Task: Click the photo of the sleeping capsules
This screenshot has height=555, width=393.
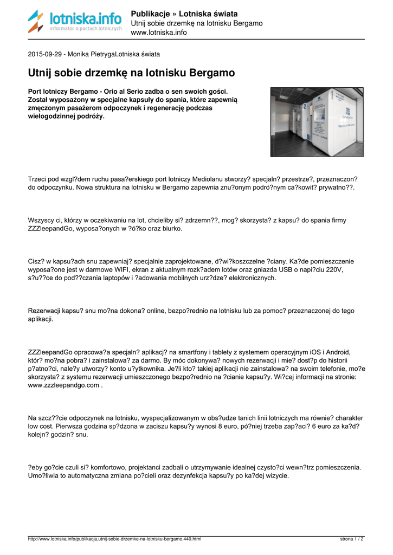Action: (317, 122)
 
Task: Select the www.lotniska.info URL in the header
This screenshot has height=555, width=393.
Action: (159, 33)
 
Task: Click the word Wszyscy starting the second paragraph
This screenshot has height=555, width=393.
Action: (42, 220)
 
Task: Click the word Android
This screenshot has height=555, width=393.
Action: (338, 352)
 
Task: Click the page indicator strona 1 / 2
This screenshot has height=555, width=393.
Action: (352, 539)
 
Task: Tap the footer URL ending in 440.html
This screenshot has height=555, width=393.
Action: (114, 539)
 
